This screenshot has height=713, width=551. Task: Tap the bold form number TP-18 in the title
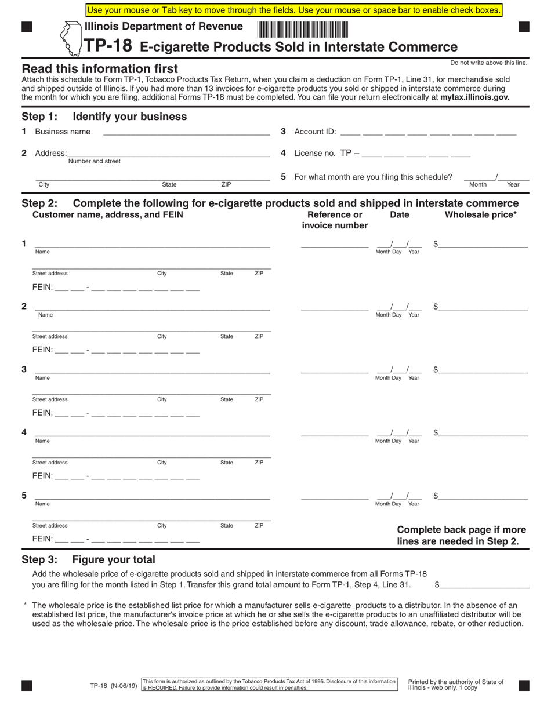[x=108, y=46]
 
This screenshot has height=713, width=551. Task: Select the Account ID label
[x=315, y=132]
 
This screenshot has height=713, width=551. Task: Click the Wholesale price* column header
[x=480, y=214]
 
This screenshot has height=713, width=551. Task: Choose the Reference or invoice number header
[x=335, y=220]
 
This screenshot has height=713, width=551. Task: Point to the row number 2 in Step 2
[x=24, y=306]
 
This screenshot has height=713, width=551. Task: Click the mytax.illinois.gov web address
[x=474, y=97]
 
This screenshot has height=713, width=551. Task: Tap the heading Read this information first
[x=100, y=68]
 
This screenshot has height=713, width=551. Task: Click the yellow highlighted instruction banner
[x=294, y=10]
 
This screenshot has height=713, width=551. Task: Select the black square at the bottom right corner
[x=524, y=686]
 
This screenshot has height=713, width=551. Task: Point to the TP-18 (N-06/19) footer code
[x=114, y=686]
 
